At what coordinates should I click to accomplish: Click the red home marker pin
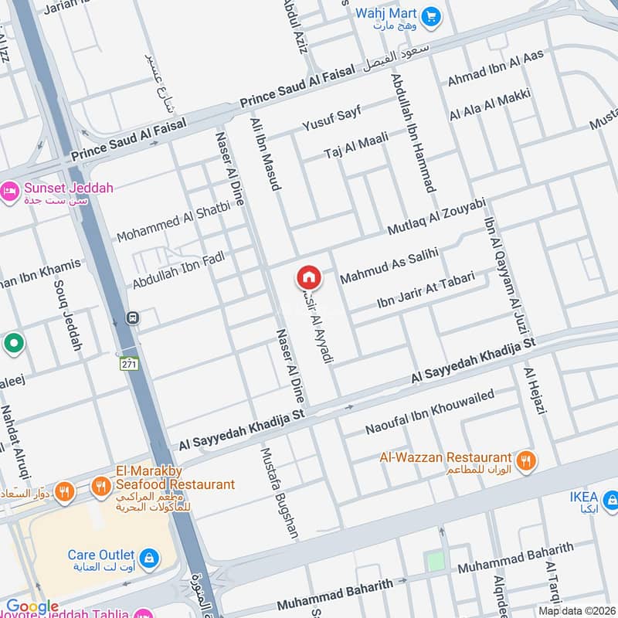click(x=308, y=277)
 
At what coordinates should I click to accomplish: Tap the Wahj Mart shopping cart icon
click(x=431, y=14)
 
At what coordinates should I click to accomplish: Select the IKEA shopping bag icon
click(x=610, y=499)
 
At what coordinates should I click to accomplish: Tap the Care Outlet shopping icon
click(x=149, y=556)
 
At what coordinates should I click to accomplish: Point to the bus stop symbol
click(x=133, y=317)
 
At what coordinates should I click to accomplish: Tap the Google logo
click(x=32, y=607)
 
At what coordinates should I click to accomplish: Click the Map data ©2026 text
click(x=577, y=611)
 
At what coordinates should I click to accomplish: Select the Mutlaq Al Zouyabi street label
click(x=436, y=217)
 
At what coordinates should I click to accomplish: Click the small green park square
click(x=436, y=562)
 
